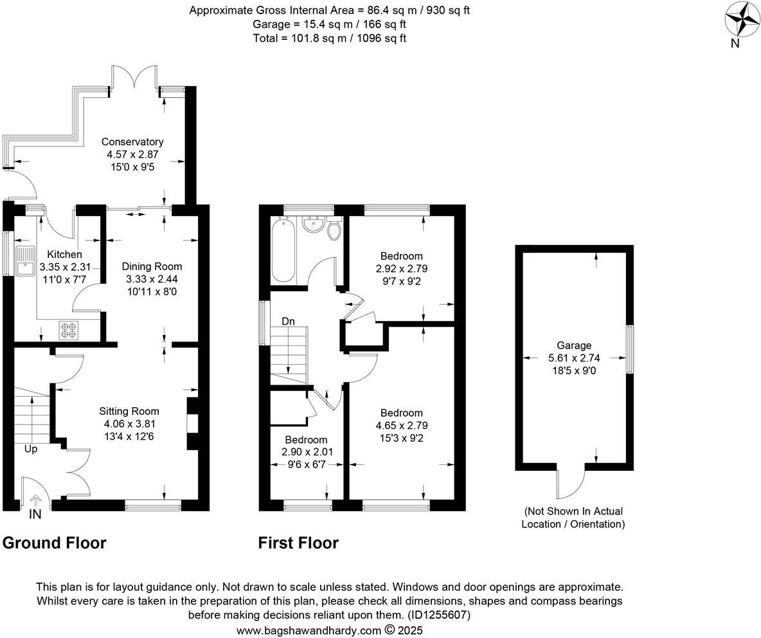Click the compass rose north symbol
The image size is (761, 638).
742,21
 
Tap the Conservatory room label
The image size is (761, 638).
132,141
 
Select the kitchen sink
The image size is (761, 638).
26,260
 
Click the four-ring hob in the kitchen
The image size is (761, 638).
68,331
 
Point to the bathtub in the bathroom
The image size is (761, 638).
283,250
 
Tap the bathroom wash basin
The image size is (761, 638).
313,226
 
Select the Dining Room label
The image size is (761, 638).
152,266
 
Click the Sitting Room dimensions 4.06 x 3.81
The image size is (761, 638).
129,424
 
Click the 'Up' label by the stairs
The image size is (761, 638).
31,449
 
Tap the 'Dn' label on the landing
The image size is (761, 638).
288,321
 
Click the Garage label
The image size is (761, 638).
575,345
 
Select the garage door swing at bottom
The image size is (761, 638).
570,482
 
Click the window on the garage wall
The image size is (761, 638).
630,349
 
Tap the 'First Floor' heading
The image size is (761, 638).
298,543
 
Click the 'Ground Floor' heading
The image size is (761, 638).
55,543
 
